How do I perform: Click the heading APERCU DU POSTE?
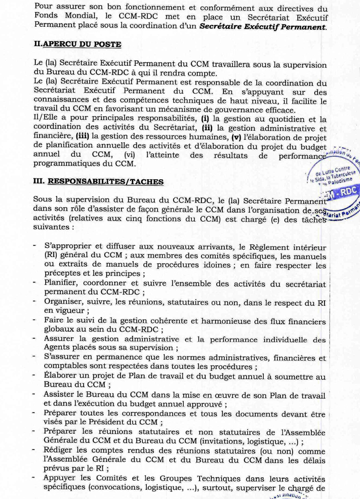point(82,45)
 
